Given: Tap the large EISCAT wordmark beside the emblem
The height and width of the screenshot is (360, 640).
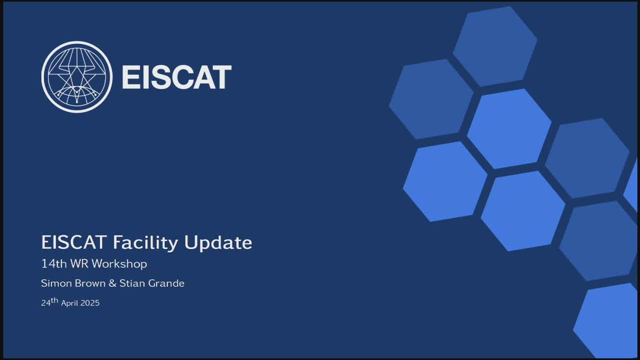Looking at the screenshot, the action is coord(177,77).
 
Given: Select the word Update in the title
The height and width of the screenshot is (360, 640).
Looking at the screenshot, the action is coord(218,243).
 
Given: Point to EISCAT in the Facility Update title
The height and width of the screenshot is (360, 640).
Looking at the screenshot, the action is coord(74,242).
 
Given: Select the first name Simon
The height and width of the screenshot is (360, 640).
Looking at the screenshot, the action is coord(56,283).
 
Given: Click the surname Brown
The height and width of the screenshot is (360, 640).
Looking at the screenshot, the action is coord(90,283).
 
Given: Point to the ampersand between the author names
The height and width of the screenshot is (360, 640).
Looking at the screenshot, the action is coord(112,283).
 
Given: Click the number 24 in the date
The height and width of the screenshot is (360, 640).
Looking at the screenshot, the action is coord(45,303).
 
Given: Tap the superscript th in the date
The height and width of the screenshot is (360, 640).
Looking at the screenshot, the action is coord(54,300).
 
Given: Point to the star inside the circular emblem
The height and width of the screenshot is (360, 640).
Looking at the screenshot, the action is coord(76,78).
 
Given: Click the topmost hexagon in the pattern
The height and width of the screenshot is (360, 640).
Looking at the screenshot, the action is coord(495,46).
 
